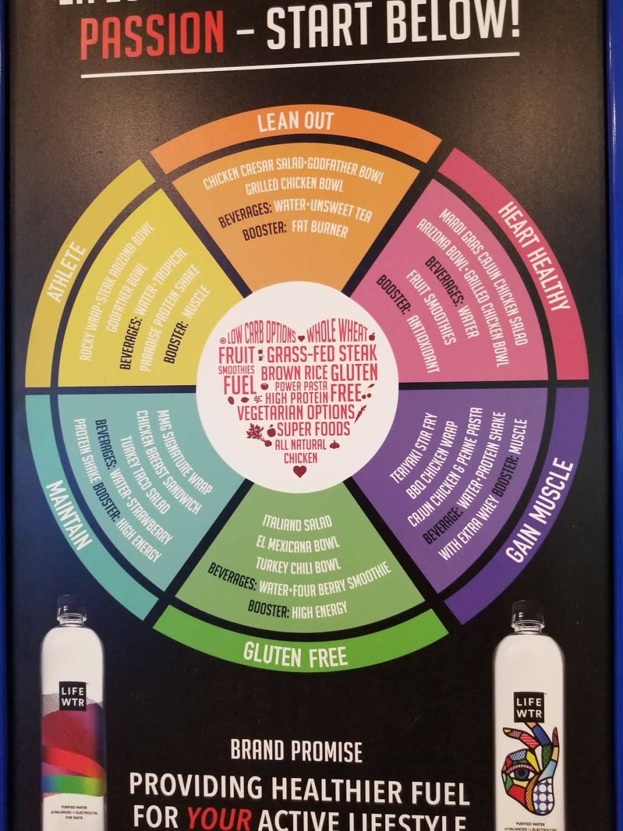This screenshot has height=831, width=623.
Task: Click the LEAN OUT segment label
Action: click(x=296, y=121)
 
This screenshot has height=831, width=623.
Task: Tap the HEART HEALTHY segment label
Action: click(x=535, y=255)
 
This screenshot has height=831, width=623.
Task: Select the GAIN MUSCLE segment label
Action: click(x=540, y=511)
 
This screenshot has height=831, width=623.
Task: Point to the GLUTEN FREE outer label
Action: click(x=295, y=655)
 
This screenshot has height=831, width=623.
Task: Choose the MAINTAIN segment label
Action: click(x=69, y=514)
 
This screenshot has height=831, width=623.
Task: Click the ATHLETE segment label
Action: click(x=68, y=272)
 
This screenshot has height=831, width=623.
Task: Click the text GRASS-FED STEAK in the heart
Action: click(x=322, y=353)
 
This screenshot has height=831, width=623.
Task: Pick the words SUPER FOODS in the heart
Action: click(x=313, y=429)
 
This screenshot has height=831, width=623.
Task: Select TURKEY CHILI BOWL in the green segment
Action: click(x=298, y=564)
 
